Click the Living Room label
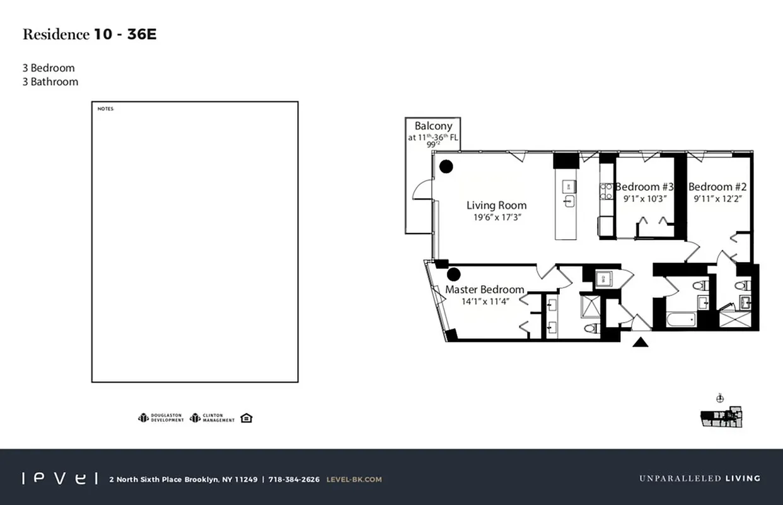(x=496, y=205)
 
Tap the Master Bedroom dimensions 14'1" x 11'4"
(x=485, y=301)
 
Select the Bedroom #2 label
(x=717, y=187)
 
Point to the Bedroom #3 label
(x=644, y=187)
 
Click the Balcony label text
(x=433, y=126)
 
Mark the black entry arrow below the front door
(x=641, y=343)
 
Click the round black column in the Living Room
(x=446, y=167)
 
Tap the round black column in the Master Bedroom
(x=453, y=274)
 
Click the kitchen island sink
(x=568, y=201)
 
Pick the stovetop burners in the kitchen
(x=606, y=191)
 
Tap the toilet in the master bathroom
(x=591, y=328)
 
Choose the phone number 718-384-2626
(x=294, y=479)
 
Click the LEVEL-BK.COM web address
(x=354, y=479)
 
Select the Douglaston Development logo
(x=161, y=418)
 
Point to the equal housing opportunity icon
(x=246, y=418)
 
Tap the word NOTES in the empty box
(x=105, y=109)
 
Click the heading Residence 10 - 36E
(x=90, y=35)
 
